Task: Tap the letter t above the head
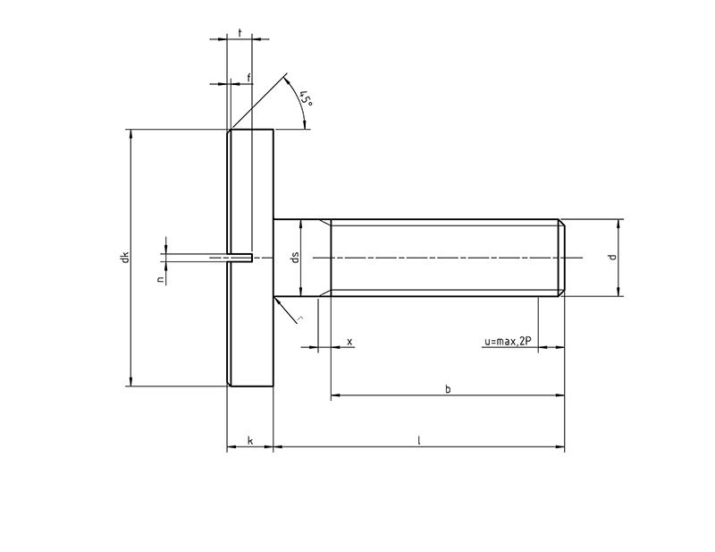240,32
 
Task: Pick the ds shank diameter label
294,258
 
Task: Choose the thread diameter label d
611,257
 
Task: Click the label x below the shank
349,342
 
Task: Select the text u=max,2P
507,342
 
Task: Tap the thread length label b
447,388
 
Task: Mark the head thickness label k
249,440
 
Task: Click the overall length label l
418,440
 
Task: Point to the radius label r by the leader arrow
301,318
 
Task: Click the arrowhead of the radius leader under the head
278,302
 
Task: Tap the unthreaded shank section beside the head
302,258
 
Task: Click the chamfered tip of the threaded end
562,258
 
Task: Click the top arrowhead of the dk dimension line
131,135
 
